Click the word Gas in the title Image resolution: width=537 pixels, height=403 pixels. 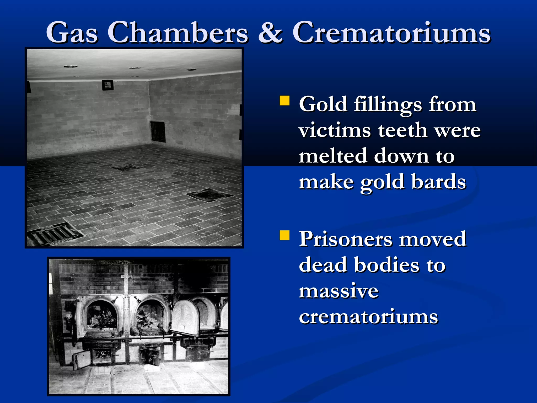(x=72, y=33)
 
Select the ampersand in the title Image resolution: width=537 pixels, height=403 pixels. (x=270, y=33)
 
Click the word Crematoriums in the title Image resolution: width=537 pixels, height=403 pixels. (x=391, y=33)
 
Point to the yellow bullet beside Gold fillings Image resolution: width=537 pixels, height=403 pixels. (x=284, y=100)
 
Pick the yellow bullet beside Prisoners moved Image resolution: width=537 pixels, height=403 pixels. (x=284, y=235)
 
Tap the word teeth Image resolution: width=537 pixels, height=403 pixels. (x=402, y=130)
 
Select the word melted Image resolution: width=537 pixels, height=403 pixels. (x=332, y=156)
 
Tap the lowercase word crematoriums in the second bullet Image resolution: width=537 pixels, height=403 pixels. (x=368, y=316)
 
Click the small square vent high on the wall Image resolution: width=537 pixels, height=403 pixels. (x=108, y=85)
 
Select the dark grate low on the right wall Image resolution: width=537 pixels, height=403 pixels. (x=158, y=132)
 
